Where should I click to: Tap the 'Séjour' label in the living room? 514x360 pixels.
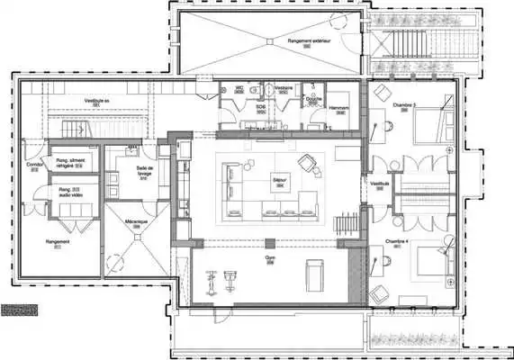coord(279,180)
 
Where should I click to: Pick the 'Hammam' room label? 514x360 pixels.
coord(339,107)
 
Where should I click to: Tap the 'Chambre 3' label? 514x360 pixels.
coord(403,105)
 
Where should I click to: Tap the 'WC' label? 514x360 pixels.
coord(239,87)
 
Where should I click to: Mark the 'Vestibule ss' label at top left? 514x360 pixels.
coord(97,101)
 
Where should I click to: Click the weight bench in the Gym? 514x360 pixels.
coord(315,274)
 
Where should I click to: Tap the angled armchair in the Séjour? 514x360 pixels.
coord(309,162)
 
